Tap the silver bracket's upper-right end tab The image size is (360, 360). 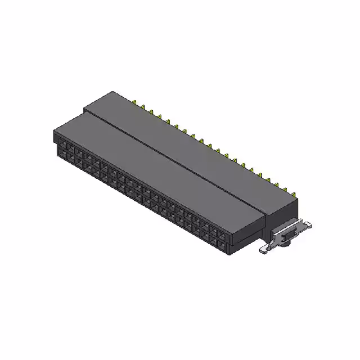coord(307,224)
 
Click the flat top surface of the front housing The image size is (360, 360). coord(152,163)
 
